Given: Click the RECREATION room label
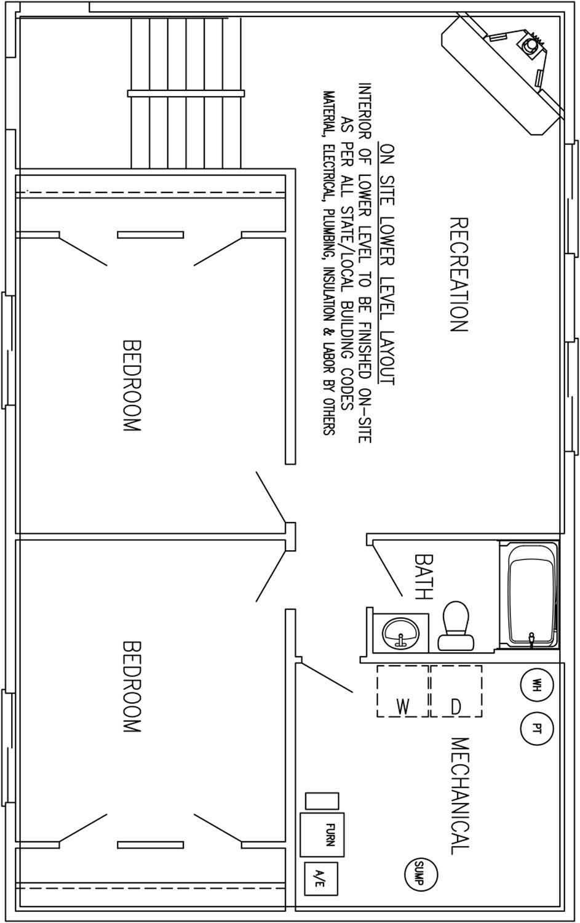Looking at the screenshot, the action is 459,275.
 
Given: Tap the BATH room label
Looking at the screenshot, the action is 424,577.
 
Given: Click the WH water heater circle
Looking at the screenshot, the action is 537,684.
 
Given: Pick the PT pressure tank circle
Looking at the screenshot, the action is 537,729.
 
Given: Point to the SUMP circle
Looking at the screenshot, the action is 421,873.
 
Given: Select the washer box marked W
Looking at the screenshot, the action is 403,691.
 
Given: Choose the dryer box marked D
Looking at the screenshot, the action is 456,691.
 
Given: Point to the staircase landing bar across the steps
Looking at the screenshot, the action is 186,94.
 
